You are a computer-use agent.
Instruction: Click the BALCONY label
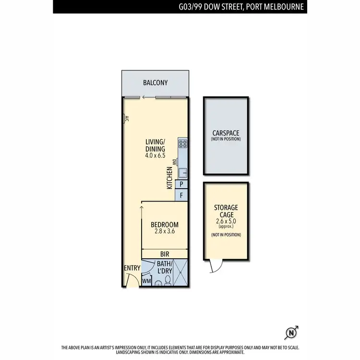(x=156, y=83)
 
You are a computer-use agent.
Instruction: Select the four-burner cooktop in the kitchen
(x=183, y=143)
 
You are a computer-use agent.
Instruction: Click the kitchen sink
(x=183, y=172)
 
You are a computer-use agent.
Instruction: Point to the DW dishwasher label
(x=175, y=161)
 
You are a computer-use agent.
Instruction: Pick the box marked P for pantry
(x=182, y=184)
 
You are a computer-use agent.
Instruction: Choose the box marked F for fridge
(x=182, y=196)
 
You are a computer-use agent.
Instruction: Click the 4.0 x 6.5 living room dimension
(x=155, y=156)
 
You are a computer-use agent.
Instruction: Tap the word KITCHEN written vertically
(x=170, y=178)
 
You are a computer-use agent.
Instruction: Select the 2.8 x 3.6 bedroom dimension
(x=164, y=231)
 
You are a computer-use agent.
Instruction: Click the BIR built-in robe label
(x=165, y=253)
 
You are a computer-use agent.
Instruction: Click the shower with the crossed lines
(x=180, y=274)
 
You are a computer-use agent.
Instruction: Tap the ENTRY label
(x=132, y=268)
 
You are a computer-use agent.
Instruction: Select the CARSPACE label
(x=226, y=133)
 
